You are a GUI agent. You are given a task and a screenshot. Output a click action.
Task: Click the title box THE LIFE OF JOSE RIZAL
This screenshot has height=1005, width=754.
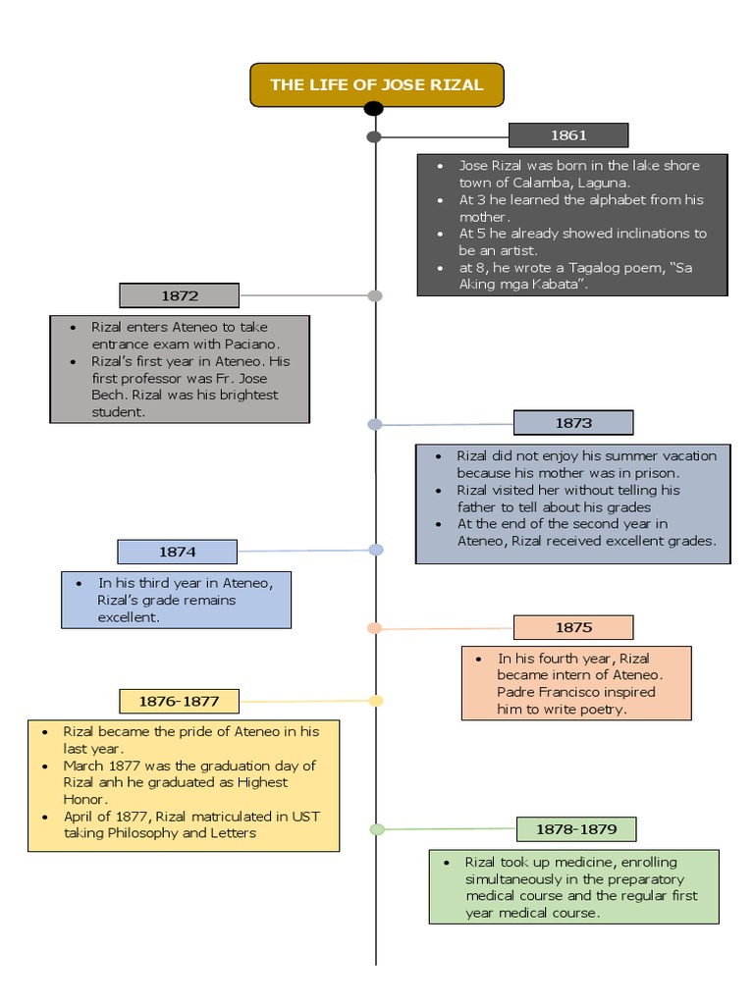376,84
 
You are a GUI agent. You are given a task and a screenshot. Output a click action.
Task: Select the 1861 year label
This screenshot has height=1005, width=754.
568,135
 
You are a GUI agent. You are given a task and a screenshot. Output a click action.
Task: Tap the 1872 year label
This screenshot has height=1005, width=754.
180,295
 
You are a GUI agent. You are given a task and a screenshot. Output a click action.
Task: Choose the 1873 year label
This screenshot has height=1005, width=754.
573,423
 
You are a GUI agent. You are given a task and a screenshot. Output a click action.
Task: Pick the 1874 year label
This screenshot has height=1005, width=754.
177,552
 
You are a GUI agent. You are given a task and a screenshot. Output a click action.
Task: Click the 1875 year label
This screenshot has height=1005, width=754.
573,627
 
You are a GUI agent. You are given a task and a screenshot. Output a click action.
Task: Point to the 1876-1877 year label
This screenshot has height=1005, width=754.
179,702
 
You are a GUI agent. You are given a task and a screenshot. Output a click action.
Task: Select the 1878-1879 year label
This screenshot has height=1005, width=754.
576,829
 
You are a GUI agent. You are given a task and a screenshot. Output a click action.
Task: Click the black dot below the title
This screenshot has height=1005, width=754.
374,108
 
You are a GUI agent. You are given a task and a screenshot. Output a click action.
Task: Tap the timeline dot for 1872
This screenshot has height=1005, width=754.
374,295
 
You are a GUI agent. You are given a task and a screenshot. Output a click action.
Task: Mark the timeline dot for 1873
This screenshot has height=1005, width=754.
374,424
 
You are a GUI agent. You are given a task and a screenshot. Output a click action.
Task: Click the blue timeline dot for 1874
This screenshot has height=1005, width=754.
376,551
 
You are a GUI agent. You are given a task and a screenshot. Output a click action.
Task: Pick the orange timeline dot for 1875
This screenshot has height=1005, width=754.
374,628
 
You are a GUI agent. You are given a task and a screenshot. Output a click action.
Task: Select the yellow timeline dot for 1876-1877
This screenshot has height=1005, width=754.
376,701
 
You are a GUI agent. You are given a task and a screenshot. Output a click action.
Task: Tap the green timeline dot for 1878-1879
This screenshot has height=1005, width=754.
377,829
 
